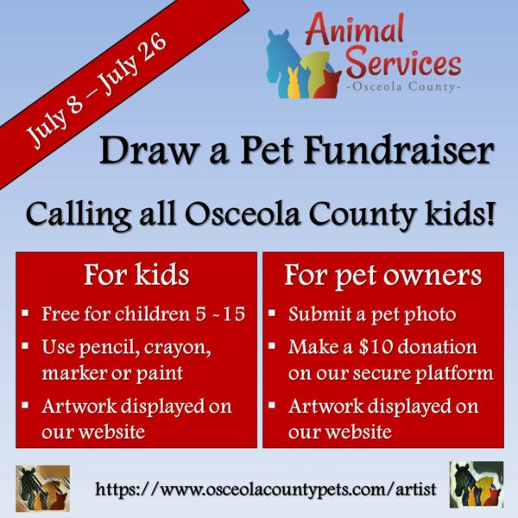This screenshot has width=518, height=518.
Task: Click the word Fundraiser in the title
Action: [x=399, y=151]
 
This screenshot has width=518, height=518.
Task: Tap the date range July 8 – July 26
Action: [x=97, y=90]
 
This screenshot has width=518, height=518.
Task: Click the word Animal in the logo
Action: [x=355, y=29]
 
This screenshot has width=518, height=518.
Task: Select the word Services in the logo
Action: [x=403, y=63]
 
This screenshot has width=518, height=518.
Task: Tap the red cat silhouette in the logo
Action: [x=328, y=85]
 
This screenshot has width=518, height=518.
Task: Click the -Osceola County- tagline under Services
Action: [x=403, y=87]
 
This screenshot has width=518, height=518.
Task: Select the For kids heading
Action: [x=136, y=275]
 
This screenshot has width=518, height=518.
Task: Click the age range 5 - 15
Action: [x=220, y=314]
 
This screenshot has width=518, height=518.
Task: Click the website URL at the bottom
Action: [x=266, y=490]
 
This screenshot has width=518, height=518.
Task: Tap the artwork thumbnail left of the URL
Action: [x=42, y=489]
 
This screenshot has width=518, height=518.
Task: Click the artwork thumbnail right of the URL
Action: [x=477, y=484]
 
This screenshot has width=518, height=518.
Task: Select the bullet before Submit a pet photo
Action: [x=272, y=313]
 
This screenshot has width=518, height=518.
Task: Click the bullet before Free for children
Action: [x=25, y=313]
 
